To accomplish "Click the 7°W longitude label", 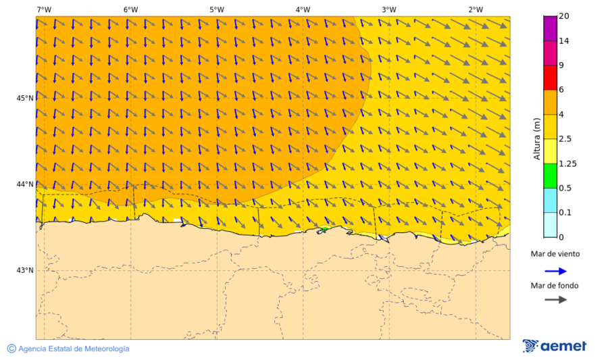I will [x=44, y=9].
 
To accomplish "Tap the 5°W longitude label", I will [x=216, y=9].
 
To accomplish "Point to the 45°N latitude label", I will [x=25, y=98].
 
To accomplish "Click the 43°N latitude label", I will [x=25, y=270].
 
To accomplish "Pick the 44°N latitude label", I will [x=25, y=184].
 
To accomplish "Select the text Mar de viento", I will [x=555, y=254].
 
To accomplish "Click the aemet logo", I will [x=555, y=346].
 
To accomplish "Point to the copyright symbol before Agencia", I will [x=11, y=349].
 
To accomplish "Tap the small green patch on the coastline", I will [x=324, y=230].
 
